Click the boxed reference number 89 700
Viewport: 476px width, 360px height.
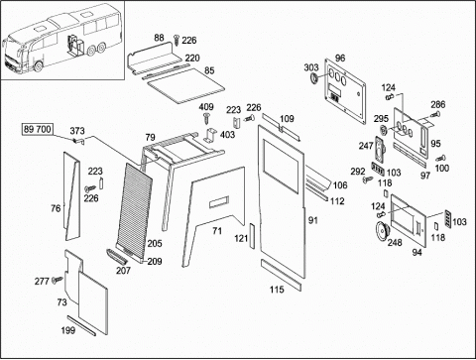click(x=38, y=129)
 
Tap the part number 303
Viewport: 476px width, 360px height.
click(x=311, y=67)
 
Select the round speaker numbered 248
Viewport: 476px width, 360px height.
click(x=383, y=231)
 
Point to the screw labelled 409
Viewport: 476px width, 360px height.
click(x=206, y=117)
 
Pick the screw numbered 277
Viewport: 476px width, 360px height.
click(x=58, y=280)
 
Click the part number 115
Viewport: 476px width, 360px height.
click(x=277, y=290)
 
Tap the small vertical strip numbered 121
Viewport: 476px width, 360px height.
click(x=252, y=236)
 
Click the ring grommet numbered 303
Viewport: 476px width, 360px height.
click(x=314, y=78)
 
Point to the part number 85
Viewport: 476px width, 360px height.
click(x=209, y=70)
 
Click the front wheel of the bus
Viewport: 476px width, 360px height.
click(x=39, y=65)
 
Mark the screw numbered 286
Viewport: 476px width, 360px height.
click(x=436, y=115)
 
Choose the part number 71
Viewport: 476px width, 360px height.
click(x=217, y=230)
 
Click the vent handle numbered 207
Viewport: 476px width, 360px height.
click(x=115, y=256)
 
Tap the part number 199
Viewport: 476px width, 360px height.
click(x=68, y=330)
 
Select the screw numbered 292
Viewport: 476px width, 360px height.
click(x=367, y=180)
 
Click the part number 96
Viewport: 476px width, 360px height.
click(x=340, y=59)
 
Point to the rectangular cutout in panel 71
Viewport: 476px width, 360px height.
click(x=219, y=202)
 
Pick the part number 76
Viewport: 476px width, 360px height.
click(x=56, y=208)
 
